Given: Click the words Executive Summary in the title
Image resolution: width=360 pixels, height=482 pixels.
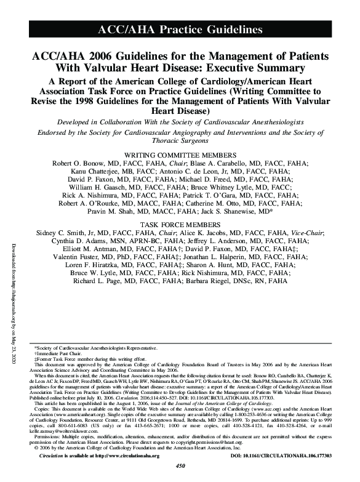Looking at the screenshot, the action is tap(252, 67).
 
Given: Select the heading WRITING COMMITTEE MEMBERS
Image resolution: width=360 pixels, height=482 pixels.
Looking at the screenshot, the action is tap(180, 153).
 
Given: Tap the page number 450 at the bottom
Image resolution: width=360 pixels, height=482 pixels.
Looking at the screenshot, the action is tap(180, 476).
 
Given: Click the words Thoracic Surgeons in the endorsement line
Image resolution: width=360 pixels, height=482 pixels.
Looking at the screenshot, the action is tap(180, 140).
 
